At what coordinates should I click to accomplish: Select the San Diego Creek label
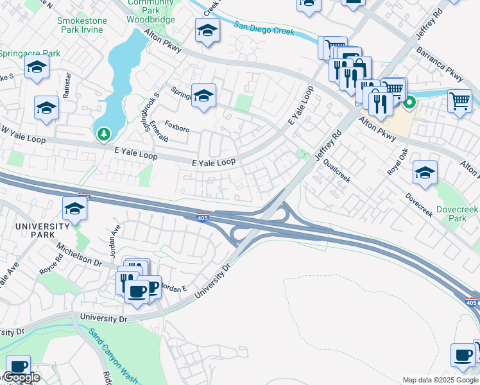pos(264,28)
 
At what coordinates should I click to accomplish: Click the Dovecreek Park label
pos(459,214)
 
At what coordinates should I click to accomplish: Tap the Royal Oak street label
pos(398,163)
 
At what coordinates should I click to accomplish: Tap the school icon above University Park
pos(74,208)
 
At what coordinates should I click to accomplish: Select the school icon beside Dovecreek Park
pos(425,171)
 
